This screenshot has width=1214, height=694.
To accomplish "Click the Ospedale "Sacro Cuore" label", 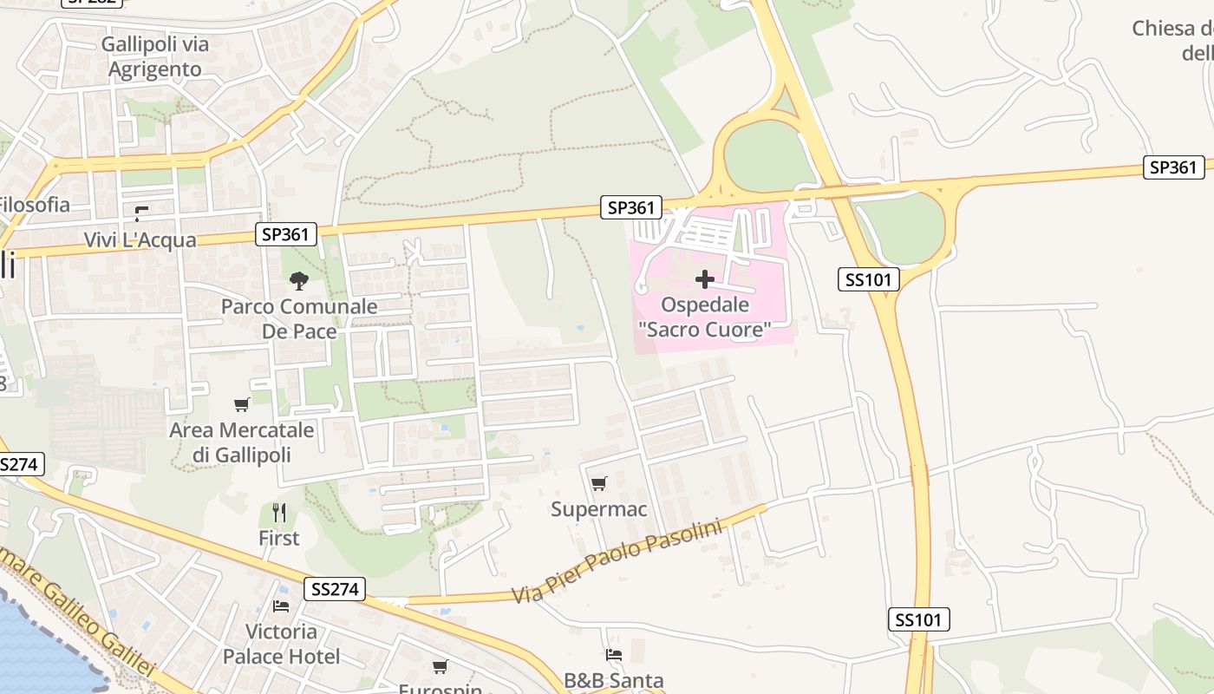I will [704, 318].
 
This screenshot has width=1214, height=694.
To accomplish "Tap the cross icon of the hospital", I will [705, 279].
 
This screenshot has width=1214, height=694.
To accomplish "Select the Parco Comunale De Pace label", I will [299, 318].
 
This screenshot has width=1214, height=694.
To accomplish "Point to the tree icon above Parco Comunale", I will [299, 280].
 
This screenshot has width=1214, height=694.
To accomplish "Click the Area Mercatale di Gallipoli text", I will [242, 442].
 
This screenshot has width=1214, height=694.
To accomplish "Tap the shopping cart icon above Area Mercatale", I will [242, 404].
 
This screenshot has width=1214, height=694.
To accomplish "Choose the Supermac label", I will [599, 509].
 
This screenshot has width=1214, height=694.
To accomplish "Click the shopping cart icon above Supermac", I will [599, 483].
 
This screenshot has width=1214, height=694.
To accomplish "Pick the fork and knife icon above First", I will [279, 513].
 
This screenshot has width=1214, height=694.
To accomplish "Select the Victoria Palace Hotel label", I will [281, 644].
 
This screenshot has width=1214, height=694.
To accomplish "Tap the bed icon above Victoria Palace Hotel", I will [281, 606].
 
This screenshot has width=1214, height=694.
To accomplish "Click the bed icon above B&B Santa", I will [614, 655].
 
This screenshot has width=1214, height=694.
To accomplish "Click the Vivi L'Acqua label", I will [140, 240].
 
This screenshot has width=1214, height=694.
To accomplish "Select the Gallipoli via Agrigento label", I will [155, 57].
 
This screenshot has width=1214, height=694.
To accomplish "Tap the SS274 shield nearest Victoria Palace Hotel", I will [334, 590].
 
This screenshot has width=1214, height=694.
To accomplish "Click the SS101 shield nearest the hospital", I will [869, 279].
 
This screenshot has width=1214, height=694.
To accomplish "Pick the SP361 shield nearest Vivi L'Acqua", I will [286, 234].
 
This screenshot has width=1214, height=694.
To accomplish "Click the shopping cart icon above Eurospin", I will [441, 667].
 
